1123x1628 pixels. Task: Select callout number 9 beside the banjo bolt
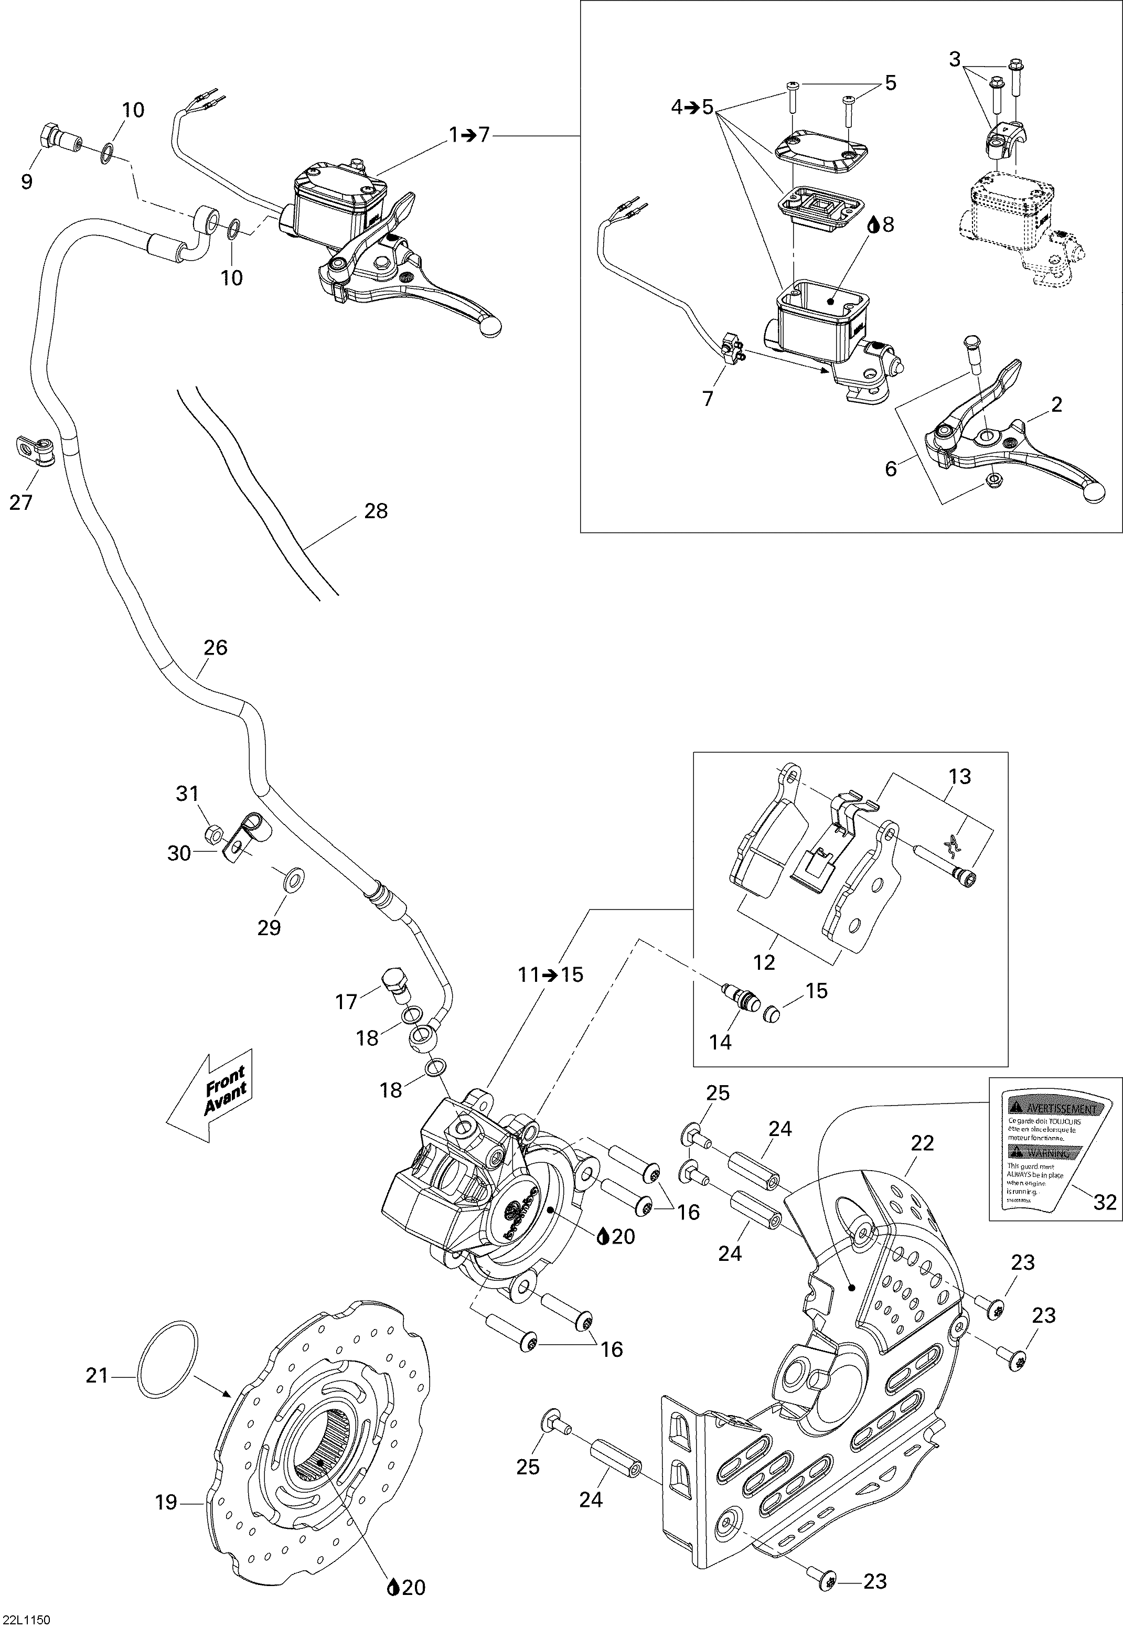point(27,182)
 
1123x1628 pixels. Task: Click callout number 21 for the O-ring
point(97,1375)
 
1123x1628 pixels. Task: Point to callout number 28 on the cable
point(376,511)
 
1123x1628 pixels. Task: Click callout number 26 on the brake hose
point(215,647)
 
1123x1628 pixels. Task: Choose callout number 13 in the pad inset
point(960,777)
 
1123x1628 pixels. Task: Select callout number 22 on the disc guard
point(922,1143)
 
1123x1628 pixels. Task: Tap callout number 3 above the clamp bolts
point(954,60)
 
